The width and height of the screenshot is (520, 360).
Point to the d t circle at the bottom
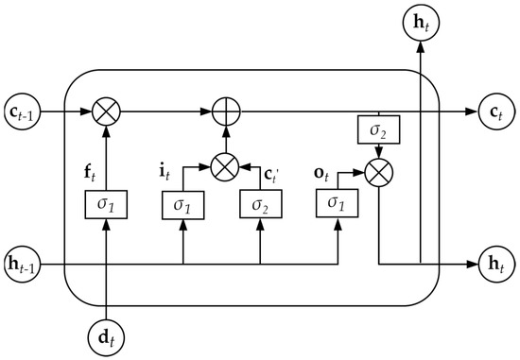pos(107,334)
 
